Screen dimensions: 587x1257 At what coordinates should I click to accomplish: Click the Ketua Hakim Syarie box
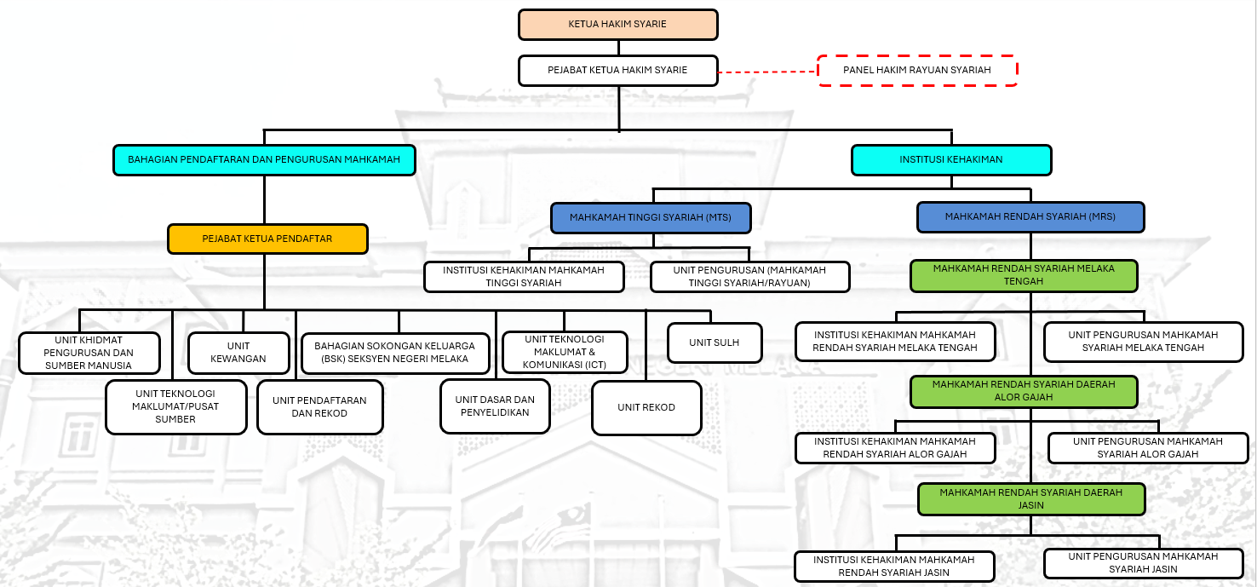tap(617, 24)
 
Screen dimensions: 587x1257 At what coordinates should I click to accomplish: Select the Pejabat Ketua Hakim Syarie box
tap(617, 70)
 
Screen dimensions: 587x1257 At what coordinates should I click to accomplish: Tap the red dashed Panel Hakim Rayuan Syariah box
tap(917, 70)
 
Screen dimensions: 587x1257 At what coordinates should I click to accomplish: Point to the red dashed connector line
tap(767, 72)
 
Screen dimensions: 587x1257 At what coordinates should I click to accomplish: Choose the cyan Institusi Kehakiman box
tap(951, 159)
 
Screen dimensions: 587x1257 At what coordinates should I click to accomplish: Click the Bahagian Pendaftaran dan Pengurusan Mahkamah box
tap(264, 159)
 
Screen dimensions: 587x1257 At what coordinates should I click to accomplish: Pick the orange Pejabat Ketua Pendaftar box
tap(267, 239)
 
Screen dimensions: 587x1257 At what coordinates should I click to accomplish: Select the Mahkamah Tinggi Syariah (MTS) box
tap(651, 217)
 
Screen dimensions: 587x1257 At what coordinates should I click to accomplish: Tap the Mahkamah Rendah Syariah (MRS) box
tap(1030, 216)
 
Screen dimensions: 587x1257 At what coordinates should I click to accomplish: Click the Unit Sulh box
tap(714, 342)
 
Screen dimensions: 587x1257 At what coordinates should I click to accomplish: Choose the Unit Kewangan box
tap(239, 353)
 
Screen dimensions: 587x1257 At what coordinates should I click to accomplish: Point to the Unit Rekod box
tap(646, 407)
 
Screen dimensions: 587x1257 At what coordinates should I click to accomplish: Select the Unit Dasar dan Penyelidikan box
tap(495, 406)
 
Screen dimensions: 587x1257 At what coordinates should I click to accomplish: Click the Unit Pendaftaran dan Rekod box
tap(319, 406)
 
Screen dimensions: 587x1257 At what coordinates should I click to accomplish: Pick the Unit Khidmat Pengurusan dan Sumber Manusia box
tap(89, 353)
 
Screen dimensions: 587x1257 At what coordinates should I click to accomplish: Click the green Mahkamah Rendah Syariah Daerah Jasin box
tap(1030, 498)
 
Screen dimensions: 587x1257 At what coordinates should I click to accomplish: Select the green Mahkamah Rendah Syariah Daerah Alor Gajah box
tap(1023, 391)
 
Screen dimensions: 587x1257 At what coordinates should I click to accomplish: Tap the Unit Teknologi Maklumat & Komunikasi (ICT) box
tap(565, 352)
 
